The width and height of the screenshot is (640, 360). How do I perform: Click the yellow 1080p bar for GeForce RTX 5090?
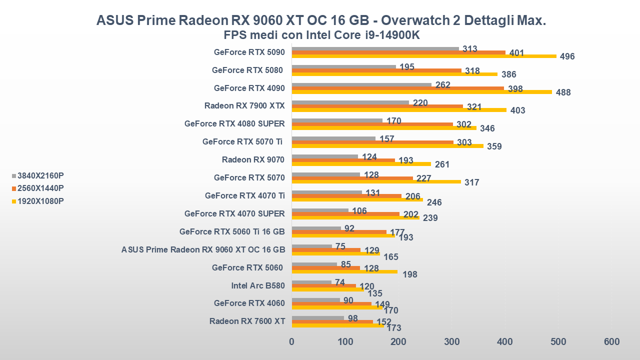(x=424, y=56)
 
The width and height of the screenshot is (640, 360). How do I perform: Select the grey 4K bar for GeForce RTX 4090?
(x=361, y=85)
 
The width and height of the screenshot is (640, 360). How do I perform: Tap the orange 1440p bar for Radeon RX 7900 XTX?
(x=377, y=106)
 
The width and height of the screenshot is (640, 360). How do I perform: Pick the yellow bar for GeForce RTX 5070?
(x=376, y=181)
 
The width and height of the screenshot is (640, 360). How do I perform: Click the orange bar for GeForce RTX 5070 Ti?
(x=372, y=142)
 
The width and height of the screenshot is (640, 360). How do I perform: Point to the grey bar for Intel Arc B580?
(x=311, y=282)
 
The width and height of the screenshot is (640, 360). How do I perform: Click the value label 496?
(x=567, y=56)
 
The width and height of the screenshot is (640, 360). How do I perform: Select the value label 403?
(x=517, y=110)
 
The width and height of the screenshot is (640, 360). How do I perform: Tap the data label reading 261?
(x=442, y=164)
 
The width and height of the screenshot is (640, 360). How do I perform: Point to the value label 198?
(x=409, y=274)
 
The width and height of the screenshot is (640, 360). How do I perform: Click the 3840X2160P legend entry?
(x=40, y=175)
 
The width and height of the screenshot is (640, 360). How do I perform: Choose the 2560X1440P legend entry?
(x=40, y=188)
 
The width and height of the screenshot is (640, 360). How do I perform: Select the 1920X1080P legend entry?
(x=40, y=201)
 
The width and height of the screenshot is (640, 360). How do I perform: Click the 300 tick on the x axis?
(x=452, y=342)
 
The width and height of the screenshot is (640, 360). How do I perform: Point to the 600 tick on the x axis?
(x=611, y=342)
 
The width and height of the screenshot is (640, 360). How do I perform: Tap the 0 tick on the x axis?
(x=292, y=342)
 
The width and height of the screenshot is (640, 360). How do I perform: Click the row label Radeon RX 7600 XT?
(x=247, y=321)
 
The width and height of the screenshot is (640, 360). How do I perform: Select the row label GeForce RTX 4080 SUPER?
(x=234, y=123)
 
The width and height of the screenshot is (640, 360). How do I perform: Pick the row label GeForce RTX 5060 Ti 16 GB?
(x=232, y=231)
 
